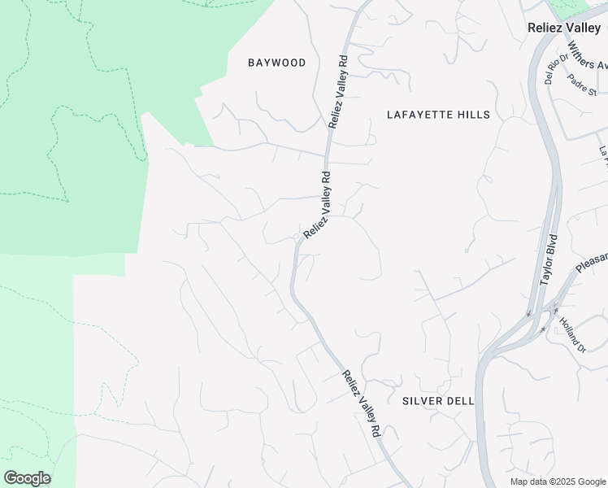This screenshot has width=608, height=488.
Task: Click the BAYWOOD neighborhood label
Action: pyautogui.click(x=277, y=63)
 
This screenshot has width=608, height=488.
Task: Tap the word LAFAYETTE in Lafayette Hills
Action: pyautogui.click(x=416, y=115)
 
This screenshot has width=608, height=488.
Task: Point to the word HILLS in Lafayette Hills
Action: pyautogui.click(x=471, y=115)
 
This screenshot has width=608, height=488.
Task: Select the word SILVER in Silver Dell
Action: pyautogui.click(x=423, y=401)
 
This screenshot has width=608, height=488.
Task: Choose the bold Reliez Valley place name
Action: pyautogui.click(x=562, y=28)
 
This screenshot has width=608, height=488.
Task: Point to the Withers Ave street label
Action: pyautogui.click(x=587, y=55)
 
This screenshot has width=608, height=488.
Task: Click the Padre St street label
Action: pyautogui.click(x=583, y=85)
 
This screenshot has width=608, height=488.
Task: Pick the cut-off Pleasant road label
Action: pyautogui.click(x=591, y=262)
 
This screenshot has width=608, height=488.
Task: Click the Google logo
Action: pyautogui.click(x=27, y=478)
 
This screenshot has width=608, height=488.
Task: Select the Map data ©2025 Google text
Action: pyautogui.click(x=558, y=481)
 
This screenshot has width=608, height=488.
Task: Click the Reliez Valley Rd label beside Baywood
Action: pyautogui.click(x=337, y=92)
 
